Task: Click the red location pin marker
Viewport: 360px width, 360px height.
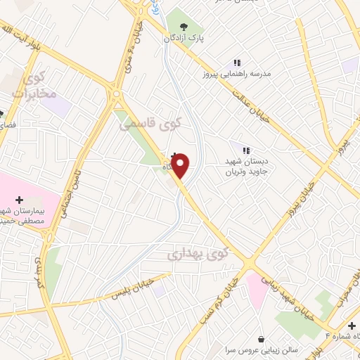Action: (x=181, y=165)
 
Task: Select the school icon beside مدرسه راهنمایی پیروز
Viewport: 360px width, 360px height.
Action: (x=238, y=63)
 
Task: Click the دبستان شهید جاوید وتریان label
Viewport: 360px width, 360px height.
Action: (x=247, y=166)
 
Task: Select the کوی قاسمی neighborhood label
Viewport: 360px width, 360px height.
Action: (x=150, y=123)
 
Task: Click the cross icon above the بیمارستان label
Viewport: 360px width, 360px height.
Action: (x=19, y=200)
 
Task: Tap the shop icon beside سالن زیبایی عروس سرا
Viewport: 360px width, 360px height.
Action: (x=262, y=339)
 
